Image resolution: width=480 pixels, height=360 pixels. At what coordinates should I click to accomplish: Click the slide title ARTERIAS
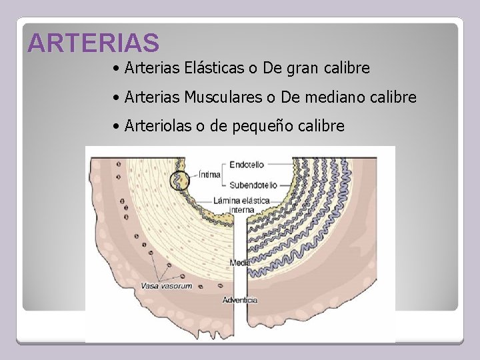(x=94, y=43)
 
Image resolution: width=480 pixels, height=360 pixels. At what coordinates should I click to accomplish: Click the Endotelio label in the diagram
(x=247, y=163)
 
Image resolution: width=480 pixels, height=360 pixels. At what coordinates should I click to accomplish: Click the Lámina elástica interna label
(x=241, y=204)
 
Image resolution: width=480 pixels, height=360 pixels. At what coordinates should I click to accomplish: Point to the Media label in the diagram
(x=240, y=263)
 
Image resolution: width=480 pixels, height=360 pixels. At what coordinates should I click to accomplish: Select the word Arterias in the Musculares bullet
(x=153, y=97)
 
